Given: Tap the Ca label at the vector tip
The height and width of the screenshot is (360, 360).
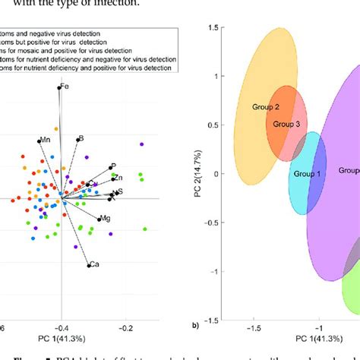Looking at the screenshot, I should tap(95, 265).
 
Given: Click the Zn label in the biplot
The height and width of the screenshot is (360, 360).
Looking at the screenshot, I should tap(118, 177).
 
